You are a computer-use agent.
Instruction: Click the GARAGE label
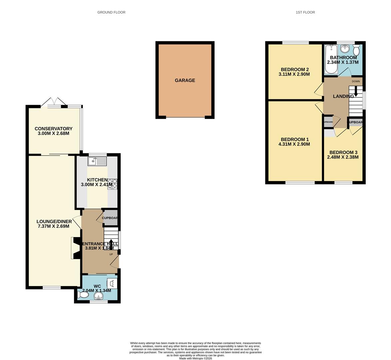tap(185, 80)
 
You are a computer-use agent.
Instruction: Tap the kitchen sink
tap(97, 162)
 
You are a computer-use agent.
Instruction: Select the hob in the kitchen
tap(112, 184)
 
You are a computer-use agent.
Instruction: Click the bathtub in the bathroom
tap(331, 59)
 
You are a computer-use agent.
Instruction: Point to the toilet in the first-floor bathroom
tap(356, 51)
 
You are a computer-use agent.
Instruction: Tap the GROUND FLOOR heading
tap(111, 12)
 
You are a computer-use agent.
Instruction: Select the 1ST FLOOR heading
tap(305, 12)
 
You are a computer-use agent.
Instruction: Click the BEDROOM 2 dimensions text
tap(294, 74)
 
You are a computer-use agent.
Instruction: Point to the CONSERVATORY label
tap(53, 129)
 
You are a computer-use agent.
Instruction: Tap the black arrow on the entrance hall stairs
tap(111, 244)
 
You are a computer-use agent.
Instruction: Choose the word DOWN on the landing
tap(356, 81)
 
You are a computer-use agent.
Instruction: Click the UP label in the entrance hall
tap(111, 254)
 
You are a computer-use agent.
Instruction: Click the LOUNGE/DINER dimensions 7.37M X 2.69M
tap(54, 226)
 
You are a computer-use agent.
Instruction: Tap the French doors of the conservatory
tap(54, 101)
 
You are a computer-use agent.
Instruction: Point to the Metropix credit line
tap(195, 358)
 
